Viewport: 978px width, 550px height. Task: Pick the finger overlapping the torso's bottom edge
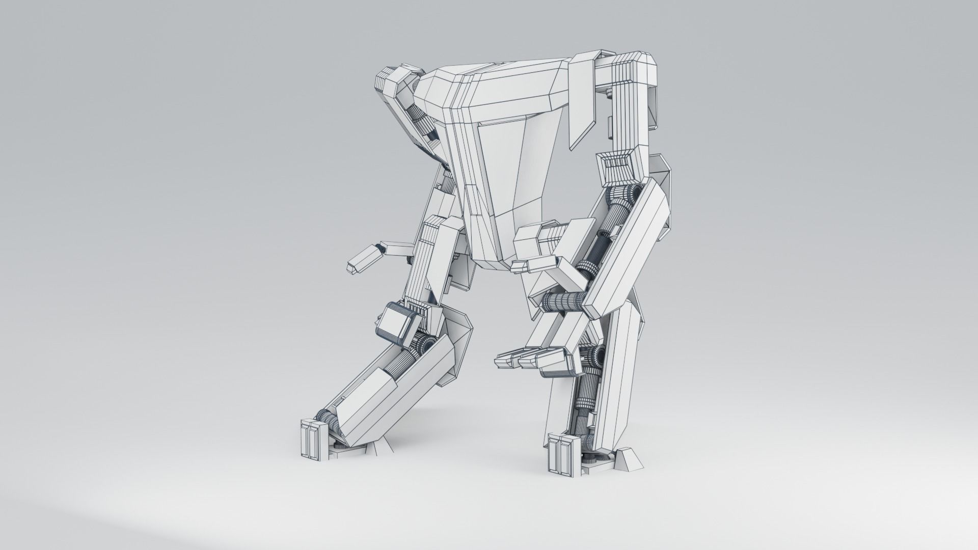(530, 264)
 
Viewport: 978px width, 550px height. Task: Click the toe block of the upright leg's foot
(560, 453)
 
